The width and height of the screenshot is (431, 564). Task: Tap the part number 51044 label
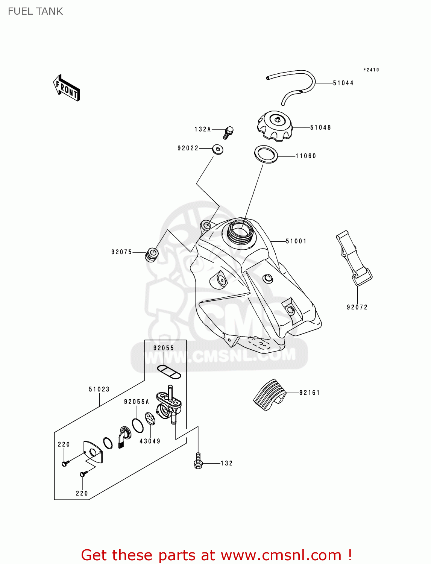point(343,83)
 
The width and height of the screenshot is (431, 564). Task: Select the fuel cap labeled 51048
point(275,126)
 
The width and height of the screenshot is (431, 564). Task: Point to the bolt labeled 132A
point(228,132)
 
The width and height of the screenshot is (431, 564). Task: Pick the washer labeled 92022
point(217,149)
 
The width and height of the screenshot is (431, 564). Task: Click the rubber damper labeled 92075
point(152,254)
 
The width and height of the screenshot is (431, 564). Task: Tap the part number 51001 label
point(296,241)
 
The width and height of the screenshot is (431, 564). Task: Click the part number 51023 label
point(99,389)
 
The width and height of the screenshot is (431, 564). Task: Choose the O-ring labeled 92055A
point(138,425)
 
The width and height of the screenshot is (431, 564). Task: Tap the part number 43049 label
point(150,441)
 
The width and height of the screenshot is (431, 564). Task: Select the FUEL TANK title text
point(35,11)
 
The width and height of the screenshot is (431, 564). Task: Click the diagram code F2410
point(371,70)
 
